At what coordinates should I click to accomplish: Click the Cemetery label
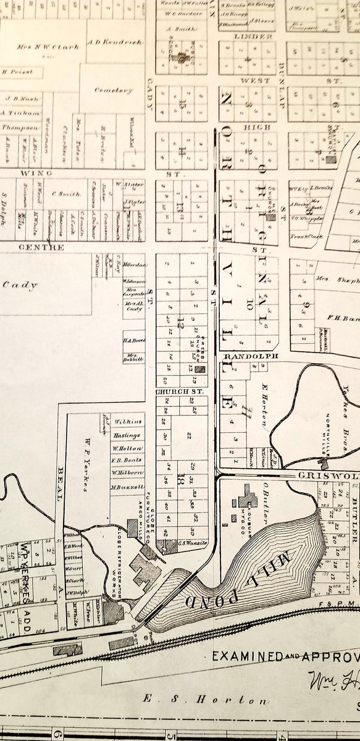(113, 90)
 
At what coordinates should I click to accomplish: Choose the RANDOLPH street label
(243, 356)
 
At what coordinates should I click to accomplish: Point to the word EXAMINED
(246, 655)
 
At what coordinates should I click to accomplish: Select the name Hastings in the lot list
(127, 435)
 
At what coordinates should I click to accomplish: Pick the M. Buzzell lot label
(127, 487)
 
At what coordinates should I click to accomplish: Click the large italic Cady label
(20, 285)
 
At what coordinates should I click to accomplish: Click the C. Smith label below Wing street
(69, 193)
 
